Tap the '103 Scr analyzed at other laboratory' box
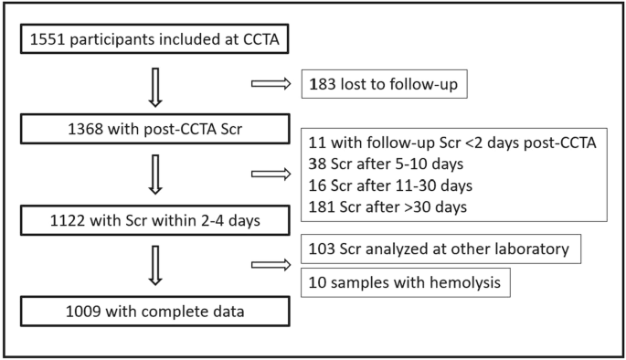point(441,249)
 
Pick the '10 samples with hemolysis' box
point(404,282)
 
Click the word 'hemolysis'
point(464,282)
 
